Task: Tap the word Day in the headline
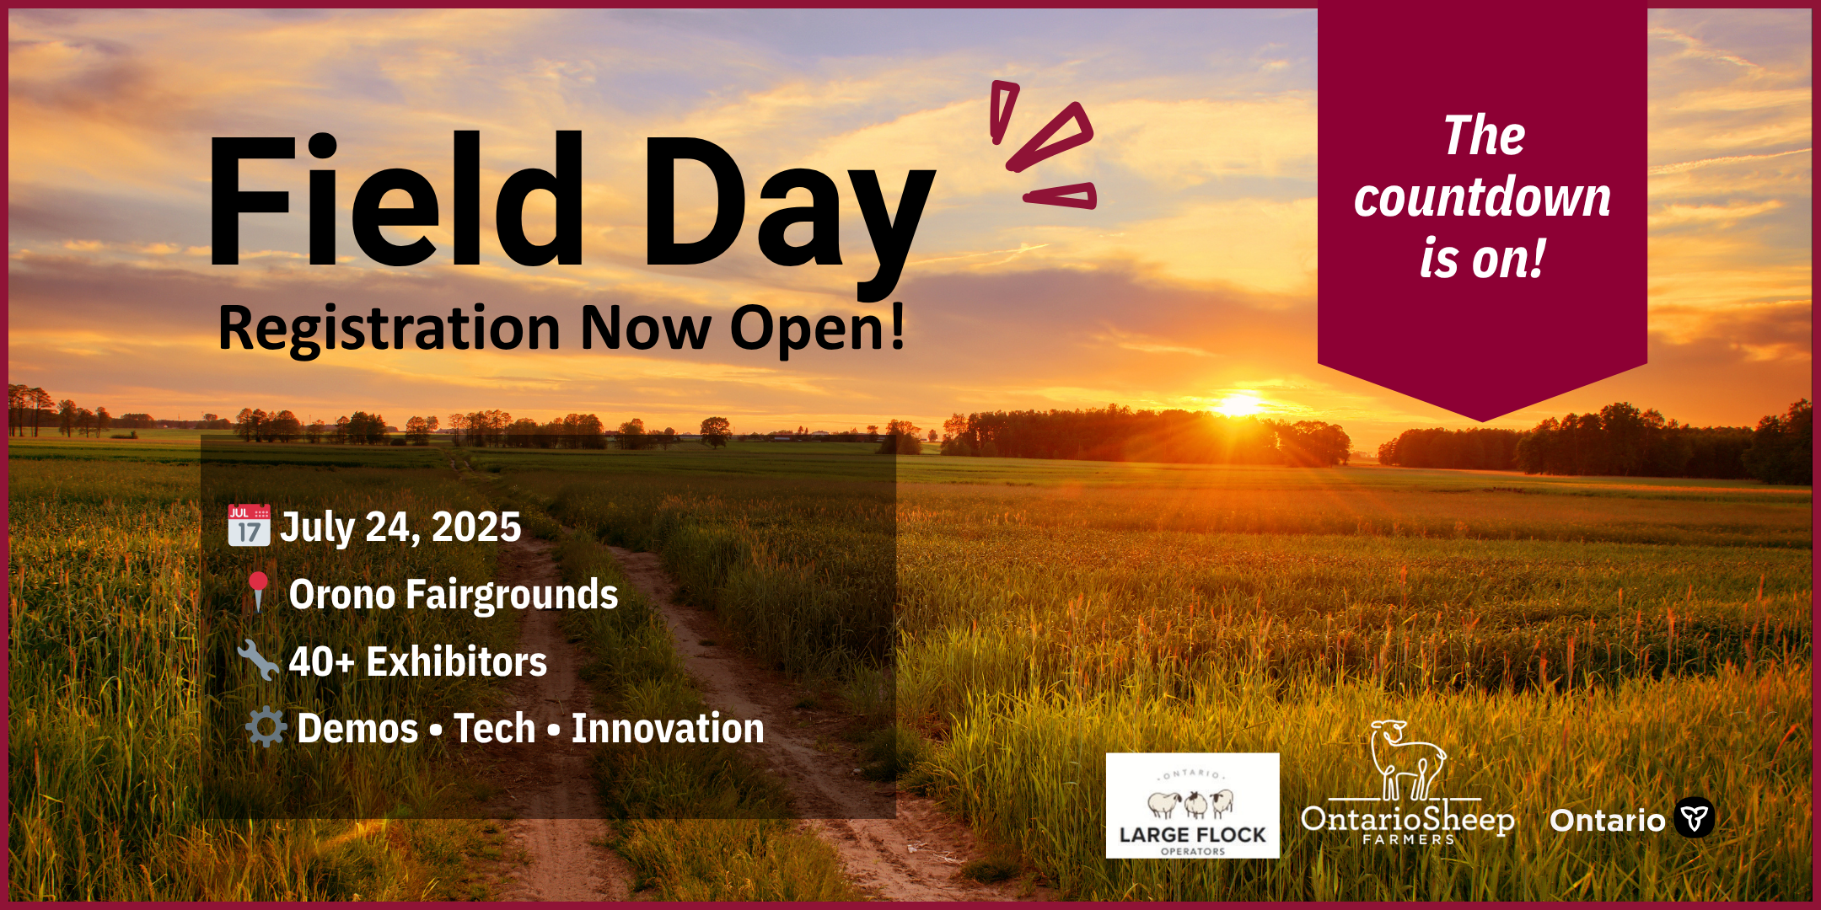click(788, 215)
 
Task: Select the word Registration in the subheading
click(389, 329)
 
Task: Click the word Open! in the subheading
click(817, 329)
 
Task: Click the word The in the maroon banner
click(1484, 136)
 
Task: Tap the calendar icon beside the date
click(249, 525)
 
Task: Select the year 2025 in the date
click(476, 527)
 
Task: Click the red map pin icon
click(258, 591)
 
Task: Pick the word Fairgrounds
click(512, 595)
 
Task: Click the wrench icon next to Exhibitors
click(257, 659)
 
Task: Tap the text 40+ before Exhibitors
click(321, 662)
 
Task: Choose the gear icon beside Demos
click(266, 726)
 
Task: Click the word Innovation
click(668, 728)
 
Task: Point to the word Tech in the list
click(495, 728)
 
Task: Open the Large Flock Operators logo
click(1192, 806)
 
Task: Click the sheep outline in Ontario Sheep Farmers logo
click(1406, 760)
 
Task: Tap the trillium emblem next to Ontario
click(1694, 817)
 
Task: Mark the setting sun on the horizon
click(1239, 406)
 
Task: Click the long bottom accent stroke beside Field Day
click(1060, 195)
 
